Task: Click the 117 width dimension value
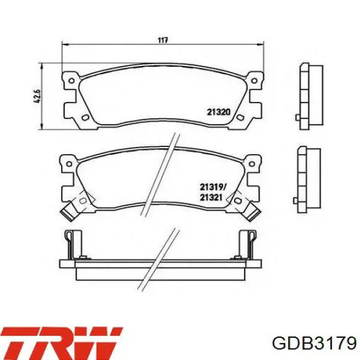(163, 40)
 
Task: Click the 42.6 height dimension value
(38, 96)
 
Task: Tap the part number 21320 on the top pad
(218, 112)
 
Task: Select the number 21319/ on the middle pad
(213, 187)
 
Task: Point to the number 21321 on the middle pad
(211, 197)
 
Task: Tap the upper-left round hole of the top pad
(71, 81)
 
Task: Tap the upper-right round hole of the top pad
(254, 80)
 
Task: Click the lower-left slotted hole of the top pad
(85, 118)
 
